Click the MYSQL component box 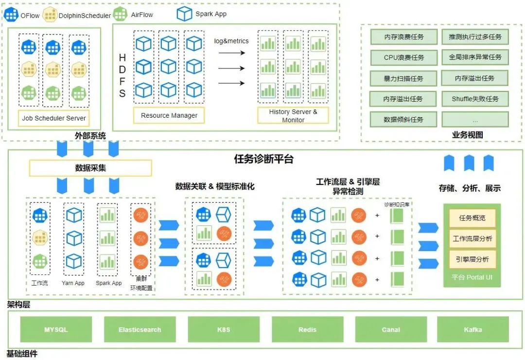coord(56,329)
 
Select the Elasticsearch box coord(140,329)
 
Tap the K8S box coord(224,329)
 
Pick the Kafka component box coord(472,329)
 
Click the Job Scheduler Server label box coord(54,118)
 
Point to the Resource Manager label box coord(169,116)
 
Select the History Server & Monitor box coord(293,116)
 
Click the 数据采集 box coord(90,168)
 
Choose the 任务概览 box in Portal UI coord(472,218)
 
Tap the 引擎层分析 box coord(472,259)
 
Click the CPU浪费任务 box coord(403,57)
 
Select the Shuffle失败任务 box coord(475,99)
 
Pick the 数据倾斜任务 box coord(403,119)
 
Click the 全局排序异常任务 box coord(475,57)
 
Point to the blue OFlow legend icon coord(11,15)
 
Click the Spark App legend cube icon coord(184,14)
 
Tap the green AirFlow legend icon coord(120,15)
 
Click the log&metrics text coord(231,41)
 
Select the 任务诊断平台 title coord(264,159)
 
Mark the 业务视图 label coord(468,135)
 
